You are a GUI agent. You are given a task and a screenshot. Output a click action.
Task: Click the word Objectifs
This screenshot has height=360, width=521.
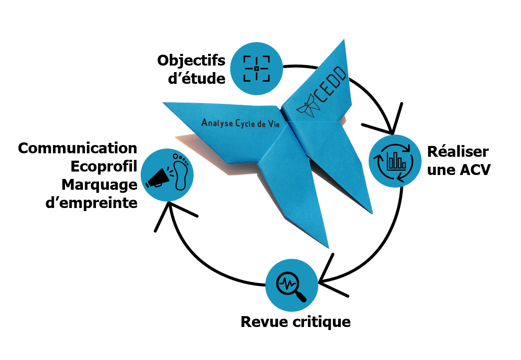(x=191, y=61)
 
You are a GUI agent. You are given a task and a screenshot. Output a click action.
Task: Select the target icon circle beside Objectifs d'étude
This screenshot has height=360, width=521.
(x=256, y=69)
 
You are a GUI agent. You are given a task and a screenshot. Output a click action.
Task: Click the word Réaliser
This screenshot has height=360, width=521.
(x=458, y=152)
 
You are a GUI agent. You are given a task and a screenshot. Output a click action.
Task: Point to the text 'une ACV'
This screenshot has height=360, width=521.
(x=459, y=170)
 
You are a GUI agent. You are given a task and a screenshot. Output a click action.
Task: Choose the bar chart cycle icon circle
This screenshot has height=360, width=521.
(x=395, y=161)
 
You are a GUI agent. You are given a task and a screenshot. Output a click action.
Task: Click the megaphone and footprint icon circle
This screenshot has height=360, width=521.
(x=167, y=175)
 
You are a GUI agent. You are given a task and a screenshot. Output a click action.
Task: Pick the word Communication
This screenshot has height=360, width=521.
(x=78, y=148)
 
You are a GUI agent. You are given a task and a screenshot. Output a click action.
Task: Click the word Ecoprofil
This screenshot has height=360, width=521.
(x=104, y=166)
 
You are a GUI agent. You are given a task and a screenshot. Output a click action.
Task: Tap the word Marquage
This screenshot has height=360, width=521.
(x=99, y=185)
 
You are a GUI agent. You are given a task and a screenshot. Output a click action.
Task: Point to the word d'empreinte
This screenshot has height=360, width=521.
(x=92, y=202)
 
